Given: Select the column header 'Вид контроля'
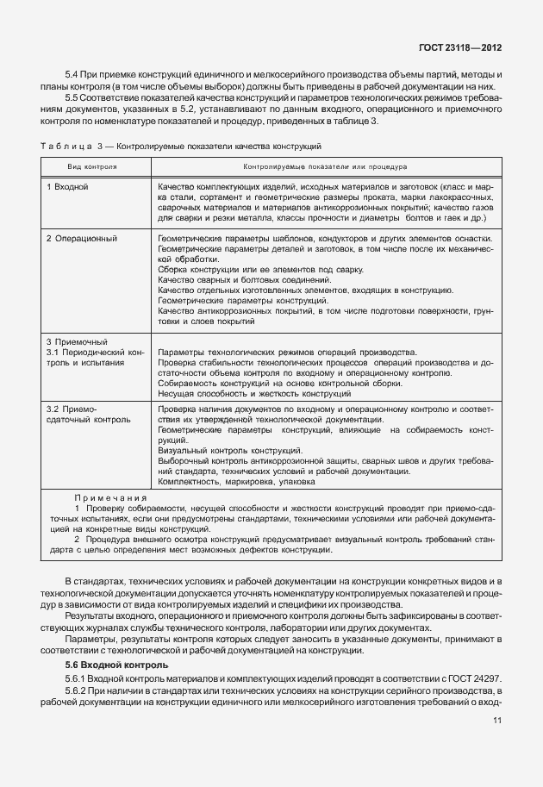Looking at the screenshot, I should [93, 164].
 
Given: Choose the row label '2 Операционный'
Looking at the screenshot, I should [82, 238].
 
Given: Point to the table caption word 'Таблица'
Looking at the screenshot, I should [65, 147].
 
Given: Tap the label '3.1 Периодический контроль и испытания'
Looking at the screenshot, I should [95, 358].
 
